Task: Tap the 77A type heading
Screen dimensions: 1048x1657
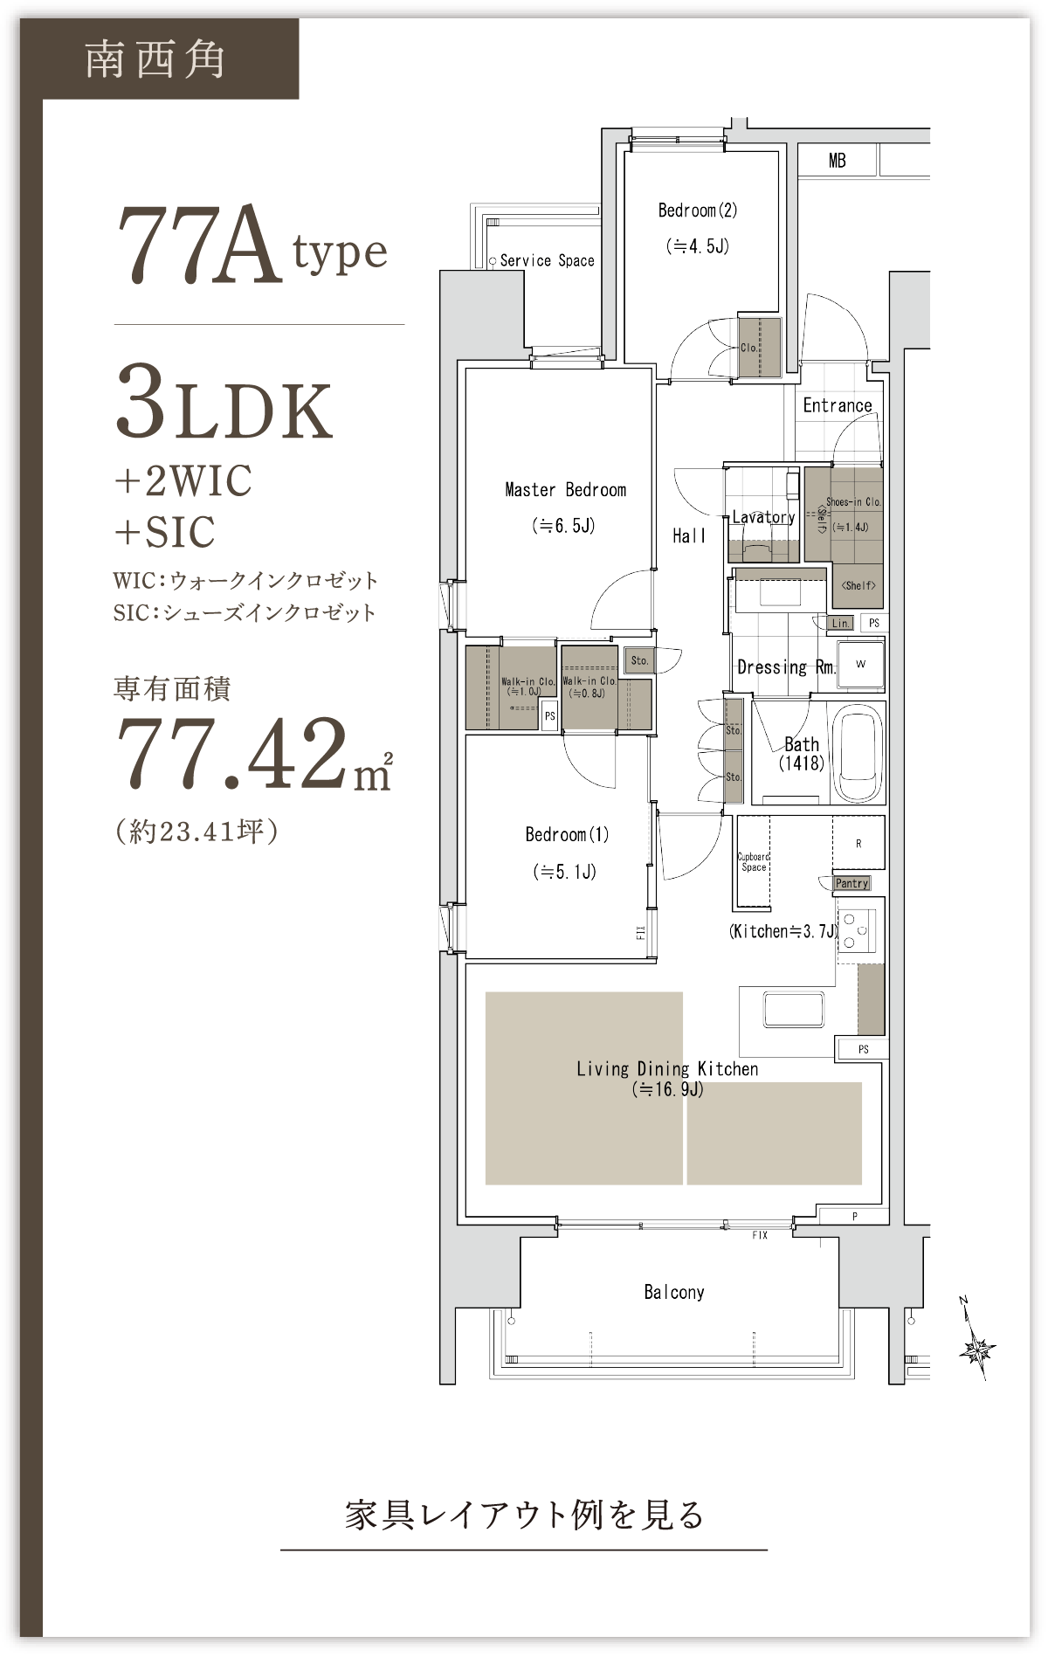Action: pyautogui.click(x=252, y=247)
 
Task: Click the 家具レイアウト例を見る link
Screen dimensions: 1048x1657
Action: pyautogui.click(x=524, y=1515)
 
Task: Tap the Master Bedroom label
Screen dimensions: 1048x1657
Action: pyautogui.click(x=566, y=490)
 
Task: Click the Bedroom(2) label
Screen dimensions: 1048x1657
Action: pyautogui.click(x=698, y=211)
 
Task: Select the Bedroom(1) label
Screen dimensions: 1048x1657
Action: pyautogui.click(x=567, y=834)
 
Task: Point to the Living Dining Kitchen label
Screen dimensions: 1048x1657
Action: pyautogui.click(x=667, y=1069)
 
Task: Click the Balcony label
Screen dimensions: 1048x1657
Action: pyautogui.click(x=674, y=1292)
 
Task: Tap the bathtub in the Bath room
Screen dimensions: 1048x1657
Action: pyautogui.click(x=857, y=752)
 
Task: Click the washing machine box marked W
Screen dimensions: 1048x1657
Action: pyautogui.click(x=861, y=665)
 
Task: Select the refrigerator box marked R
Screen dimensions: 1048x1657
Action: pyautogui.click(x=858, y=843)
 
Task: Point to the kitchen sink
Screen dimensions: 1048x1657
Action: pyautogui.click(x=793, y=1010)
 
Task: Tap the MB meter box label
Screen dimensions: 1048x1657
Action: pyautogui.click(x=838, y=161)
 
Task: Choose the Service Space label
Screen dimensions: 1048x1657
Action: pyautogui.click(x=548, y=260)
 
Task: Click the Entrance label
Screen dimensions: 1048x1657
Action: pyautogui.click(x=838, y=405)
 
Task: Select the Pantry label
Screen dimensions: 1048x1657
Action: pyautogui.click(x=851, y=883)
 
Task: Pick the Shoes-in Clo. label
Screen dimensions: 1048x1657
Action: pyautogui.click(x=853, y=502)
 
